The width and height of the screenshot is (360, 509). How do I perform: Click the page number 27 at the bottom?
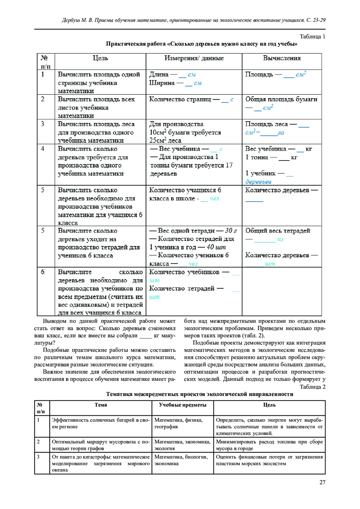click(x=322, y=482)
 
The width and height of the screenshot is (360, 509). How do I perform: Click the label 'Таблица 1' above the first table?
click(x=312, y=37)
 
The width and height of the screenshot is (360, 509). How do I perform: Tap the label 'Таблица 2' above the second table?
click(x=312, y=387)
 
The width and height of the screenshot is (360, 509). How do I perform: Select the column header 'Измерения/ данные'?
click(x=194, y=58)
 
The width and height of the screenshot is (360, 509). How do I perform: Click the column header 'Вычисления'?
click(x=282, y=58)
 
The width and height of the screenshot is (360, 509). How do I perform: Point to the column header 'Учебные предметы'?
click(x=182, y=405)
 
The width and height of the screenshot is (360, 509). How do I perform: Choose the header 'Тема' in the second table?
click(x=101, y=405)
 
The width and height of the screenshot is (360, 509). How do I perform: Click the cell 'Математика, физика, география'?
click(x=178, y=423)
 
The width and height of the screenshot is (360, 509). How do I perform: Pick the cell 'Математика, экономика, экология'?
click(x=182, y=445)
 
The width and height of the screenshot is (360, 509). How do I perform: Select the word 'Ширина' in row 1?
click(x=162, y=83)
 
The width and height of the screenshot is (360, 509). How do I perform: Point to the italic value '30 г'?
click(x=231, y=231)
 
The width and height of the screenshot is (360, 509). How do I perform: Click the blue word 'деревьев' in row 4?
click(x=258, y=182)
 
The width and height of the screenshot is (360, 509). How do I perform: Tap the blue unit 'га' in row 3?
click(x=281, y=133)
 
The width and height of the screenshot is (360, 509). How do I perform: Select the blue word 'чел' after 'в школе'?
click(x=214, y=199)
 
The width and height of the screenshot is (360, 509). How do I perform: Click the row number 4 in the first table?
click(x=43, y=149)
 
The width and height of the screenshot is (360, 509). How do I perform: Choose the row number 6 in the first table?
click(x=43, y=272)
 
